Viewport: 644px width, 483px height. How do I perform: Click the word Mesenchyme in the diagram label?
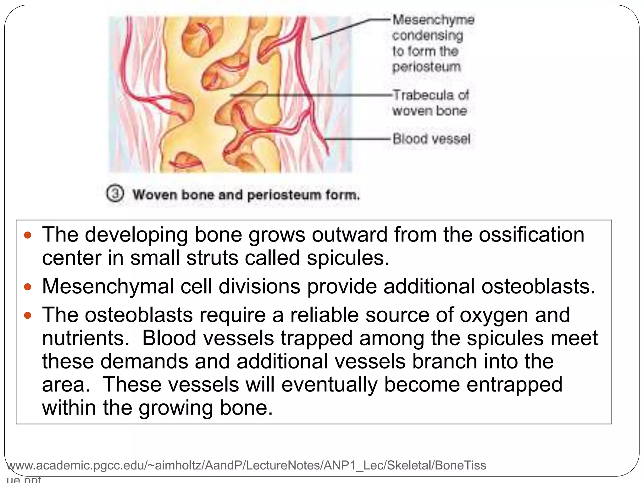point(433,20)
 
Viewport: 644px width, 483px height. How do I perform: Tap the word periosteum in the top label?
point(426,67)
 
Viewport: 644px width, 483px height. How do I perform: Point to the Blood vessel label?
point(431,139)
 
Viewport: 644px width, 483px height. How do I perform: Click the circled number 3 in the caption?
point(115,194)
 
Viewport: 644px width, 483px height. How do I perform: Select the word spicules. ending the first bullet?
point(348,258)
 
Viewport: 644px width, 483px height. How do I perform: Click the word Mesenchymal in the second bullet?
point(108,286)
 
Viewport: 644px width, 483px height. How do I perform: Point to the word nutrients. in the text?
point(86,338)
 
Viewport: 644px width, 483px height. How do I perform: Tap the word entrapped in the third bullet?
point(514,385)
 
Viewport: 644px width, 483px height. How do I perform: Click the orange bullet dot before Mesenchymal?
point(28,287)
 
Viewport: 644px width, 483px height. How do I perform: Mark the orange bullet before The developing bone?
point(28,235)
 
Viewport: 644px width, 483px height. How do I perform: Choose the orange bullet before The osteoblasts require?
point(28,315)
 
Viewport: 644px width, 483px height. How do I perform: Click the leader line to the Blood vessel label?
point(358,139)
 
